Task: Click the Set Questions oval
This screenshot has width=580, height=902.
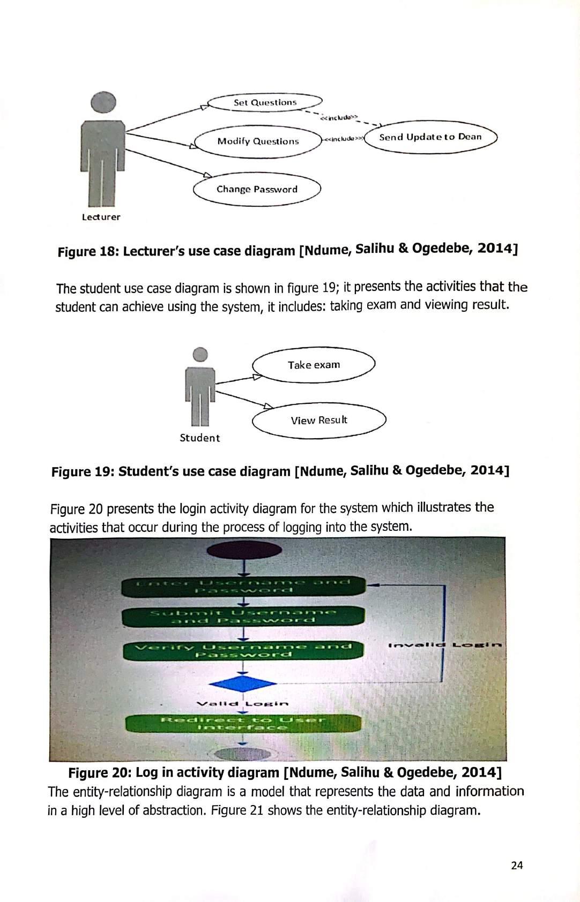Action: point(265,102)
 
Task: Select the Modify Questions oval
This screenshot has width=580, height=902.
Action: point(258,141)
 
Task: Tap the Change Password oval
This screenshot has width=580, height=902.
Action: point(257,189)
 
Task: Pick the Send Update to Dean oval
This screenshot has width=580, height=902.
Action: point(430,137)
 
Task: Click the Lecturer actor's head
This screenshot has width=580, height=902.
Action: point(103,102)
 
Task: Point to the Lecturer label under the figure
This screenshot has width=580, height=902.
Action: point(101,217)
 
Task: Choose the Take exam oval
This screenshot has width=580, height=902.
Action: point(314,365)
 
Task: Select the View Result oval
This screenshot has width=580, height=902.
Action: point(319,420)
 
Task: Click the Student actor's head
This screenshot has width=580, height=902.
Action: point(200,354)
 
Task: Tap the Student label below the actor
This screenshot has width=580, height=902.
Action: point(199,438)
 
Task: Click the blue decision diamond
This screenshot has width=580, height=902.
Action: point(243,683)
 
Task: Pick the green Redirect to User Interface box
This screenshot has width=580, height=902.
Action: point(243,723)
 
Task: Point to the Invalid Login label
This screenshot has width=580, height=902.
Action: point(445,645)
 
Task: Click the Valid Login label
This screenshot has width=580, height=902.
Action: point(243,703)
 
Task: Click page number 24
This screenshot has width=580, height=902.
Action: point(517,865)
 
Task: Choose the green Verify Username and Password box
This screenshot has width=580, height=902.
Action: point(243,650)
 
